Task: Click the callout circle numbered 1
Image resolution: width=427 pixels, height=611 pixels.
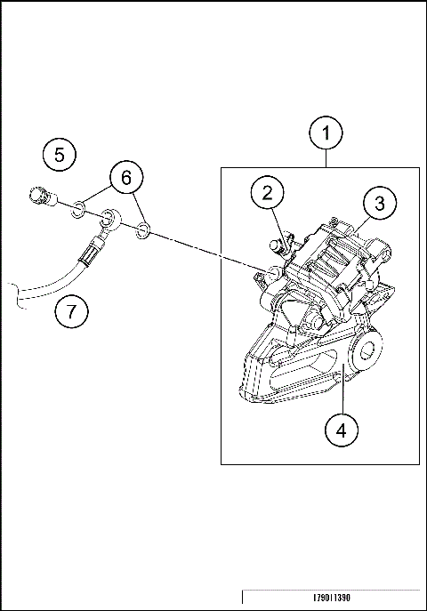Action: click(x=326, y=134)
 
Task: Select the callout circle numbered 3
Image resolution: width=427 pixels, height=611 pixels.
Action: click(x=379, y=203)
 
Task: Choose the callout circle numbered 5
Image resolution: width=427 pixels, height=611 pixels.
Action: click(x=59, y=155)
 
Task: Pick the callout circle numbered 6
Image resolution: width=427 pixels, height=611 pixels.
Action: click(x=126, y=178)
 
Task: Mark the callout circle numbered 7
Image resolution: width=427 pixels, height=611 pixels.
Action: click(x=70, y=312)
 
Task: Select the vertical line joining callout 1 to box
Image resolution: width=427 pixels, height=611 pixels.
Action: click(x=326, y=159)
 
